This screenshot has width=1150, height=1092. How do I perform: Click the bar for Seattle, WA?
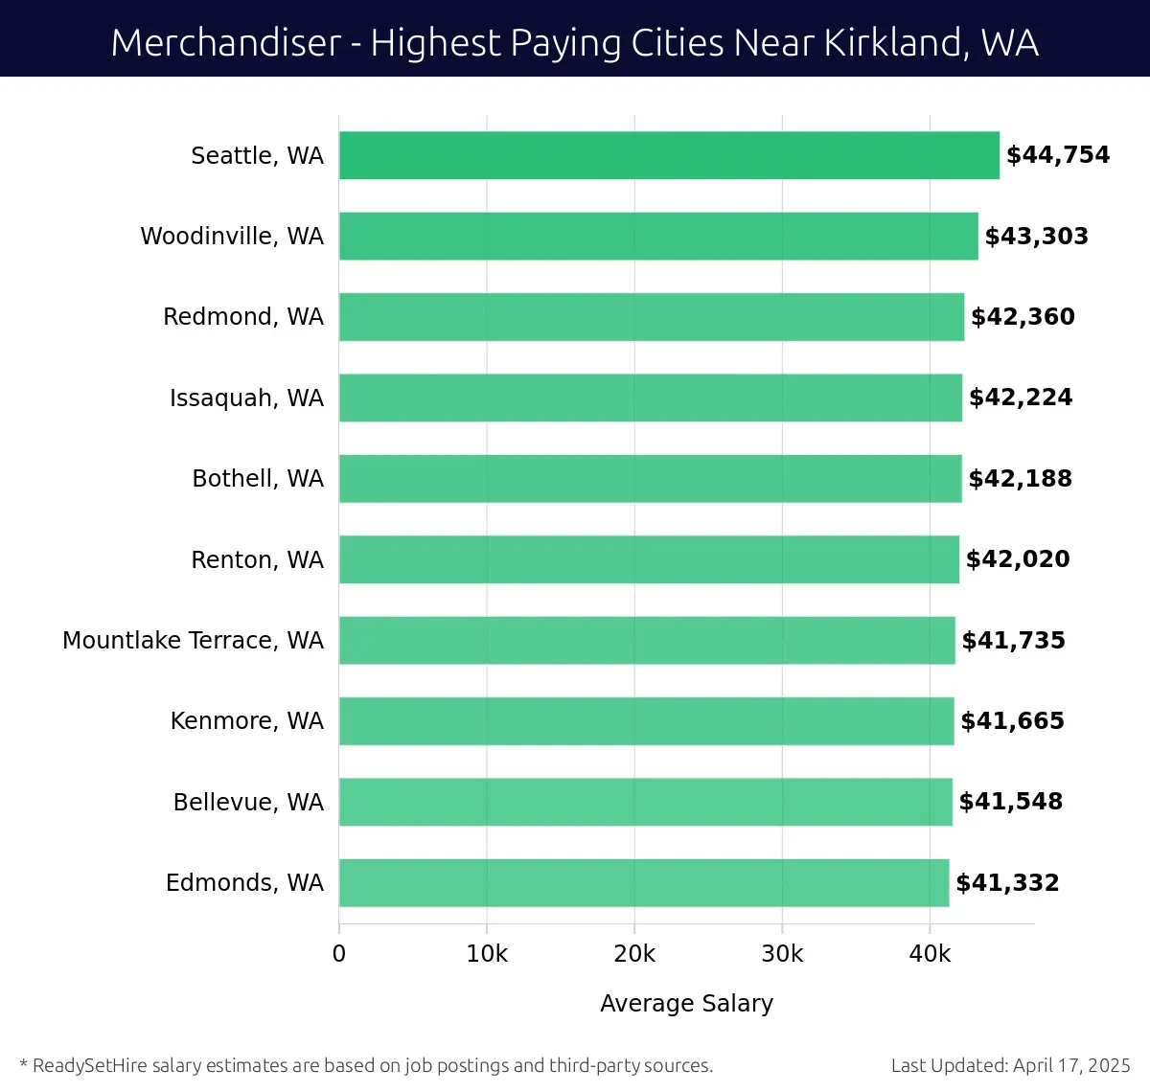669,155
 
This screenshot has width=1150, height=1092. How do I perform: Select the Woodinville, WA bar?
658,236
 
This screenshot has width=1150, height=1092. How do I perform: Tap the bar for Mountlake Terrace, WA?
647,640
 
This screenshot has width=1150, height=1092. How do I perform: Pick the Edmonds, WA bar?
644,882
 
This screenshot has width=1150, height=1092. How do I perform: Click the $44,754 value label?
1058,155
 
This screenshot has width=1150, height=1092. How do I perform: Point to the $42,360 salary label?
1023,317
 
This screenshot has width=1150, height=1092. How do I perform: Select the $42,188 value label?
1020,478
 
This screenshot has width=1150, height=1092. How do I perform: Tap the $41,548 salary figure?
1011,802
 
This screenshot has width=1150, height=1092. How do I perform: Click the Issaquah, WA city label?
246,398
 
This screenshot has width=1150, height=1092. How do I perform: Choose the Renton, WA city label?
257,559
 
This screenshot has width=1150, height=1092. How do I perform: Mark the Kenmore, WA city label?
246,720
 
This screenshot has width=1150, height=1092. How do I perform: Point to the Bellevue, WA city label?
248,802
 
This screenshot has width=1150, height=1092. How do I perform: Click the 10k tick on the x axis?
487,954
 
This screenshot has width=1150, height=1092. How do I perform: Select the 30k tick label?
782,954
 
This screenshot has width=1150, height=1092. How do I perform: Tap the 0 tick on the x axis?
339,954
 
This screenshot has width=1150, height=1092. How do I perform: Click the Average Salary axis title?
686,1003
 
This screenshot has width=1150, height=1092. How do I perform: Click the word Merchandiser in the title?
226,43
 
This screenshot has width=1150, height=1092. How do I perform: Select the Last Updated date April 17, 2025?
1071,1065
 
